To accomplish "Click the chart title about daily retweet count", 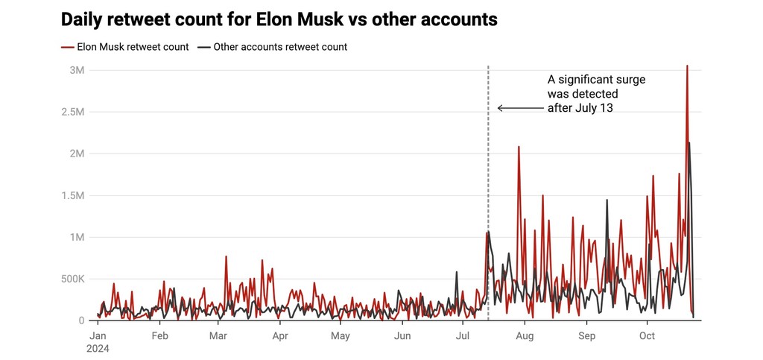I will point(279,19).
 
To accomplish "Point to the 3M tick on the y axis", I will point(76,70).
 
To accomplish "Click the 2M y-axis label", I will point(76,154).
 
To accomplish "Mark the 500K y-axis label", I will point(72,279).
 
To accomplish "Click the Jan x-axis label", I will point(97,336).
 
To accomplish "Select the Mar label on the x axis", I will point(218,336).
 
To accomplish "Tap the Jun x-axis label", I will point(402,336).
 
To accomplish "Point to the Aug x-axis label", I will point(525,336).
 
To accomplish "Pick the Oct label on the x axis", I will point(647,336).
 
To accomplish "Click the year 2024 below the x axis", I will point(98,348).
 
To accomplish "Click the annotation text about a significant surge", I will point(596,93).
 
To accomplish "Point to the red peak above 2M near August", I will point(519,147).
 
